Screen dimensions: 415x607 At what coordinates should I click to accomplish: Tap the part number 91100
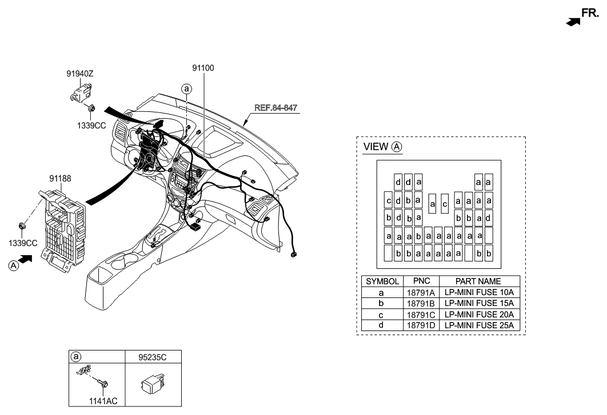[x=203, y=67]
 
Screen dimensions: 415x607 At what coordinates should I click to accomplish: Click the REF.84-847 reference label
[x=276, y=107]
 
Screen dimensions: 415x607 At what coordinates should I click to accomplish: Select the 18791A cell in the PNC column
[x=421, y=292]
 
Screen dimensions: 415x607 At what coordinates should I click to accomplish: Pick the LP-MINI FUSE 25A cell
[x=478, y=325]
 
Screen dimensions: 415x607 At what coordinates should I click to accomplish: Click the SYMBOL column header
[x=382, y=281]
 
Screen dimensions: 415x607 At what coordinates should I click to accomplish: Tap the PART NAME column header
[x=478, y=281]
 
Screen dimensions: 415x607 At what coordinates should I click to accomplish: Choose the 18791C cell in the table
[x=421, y=315]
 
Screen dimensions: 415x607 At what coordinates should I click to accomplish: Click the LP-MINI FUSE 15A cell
[x=478, y=303]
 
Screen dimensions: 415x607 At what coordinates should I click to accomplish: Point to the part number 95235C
[x=153, y=357]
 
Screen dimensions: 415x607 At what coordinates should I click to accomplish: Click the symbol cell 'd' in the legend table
[x=382, y=325]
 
